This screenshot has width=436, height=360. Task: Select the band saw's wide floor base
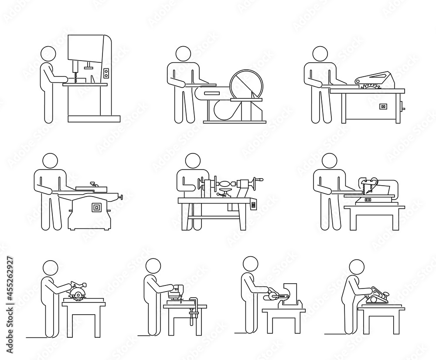click(x=94, y=119)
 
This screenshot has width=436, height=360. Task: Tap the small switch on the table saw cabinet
click(x=384, y=106)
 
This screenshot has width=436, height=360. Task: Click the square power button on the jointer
click(x=95, y=208)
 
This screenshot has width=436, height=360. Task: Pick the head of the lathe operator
click(x=191, y=161)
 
